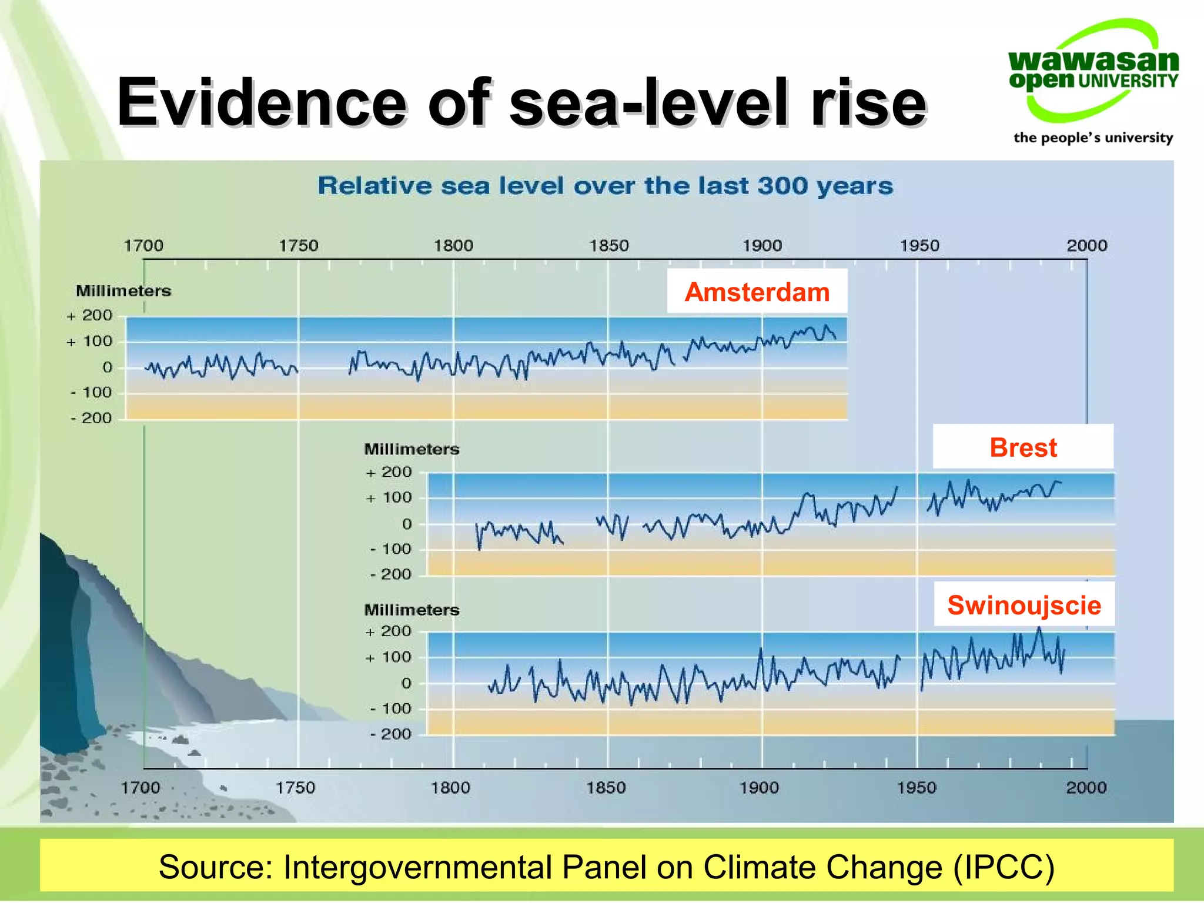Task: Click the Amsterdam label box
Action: tap(757, 292)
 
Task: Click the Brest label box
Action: tap(1023, 447)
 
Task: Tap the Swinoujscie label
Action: tap(1024, 605)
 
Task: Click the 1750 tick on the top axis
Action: tap(298, 245)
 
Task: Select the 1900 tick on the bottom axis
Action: tap(759, 787)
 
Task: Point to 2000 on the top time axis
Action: tap(1086, 245)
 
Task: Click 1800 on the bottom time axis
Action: tap(450, 787)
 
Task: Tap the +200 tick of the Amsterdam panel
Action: tap(90, 316)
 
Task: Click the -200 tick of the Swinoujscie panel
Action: tap(390, 734)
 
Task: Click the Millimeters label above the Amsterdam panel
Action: tap(123, 290)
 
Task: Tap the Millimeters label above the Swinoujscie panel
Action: tap(412, 610)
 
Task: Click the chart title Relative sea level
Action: tap(605, 186)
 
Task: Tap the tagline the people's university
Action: tap(1093, 138)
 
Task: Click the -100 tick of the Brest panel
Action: tap(391, 549)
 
